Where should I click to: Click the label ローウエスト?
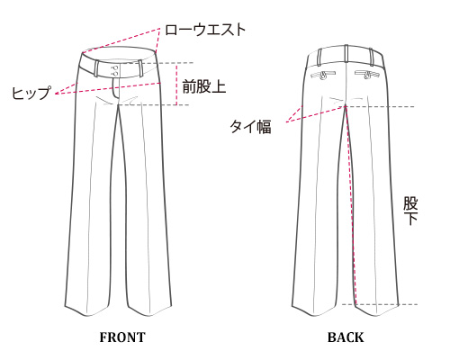(205, 30)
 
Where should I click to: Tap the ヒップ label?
(31, 93)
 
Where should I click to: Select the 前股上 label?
(204, 87)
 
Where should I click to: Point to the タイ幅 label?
(251, 126)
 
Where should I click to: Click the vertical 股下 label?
(410, 211)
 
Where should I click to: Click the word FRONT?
(122, 337)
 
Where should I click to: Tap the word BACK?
(346, 337)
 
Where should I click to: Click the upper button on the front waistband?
(114, 67)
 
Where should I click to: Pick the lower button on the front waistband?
(114, 74)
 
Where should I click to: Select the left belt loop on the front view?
(96, 68)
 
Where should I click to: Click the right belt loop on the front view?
(139, 68)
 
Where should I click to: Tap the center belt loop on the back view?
(346, 53)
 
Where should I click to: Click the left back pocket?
(324, 76)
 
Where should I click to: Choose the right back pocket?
(367, 75)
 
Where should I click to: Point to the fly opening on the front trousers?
(116, 89)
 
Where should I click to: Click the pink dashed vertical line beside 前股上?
(176, 85)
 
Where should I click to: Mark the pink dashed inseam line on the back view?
(351, 204)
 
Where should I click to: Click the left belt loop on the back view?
(319, 57)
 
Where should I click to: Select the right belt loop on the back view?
(372, 57)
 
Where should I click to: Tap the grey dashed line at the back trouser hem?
(380, 304)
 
